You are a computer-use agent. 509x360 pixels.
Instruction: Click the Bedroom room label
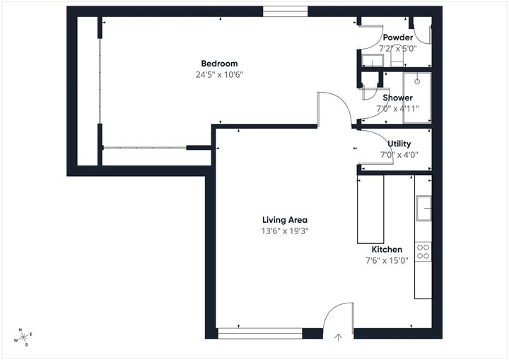pos(218,64)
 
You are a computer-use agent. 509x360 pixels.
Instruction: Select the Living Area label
pos(285,220)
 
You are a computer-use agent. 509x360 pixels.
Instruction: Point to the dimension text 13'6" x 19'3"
pos(285,231)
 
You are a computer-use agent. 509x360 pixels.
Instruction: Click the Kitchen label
pos(387,250)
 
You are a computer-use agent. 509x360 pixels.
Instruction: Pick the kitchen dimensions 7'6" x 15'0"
pos(387,260)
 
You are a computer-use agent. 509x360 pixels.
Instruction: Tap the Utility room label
pos(399,144)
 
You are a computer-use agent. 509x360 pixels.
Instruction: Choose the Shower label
pos(397,98)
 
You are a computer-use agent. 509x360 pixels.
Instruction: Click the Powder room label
pos(398,37)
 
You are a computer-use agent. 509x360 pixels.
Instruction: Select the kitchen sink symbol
pos(423,207)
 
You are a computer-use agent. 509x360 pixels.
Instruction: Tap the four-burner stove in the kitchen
pos(423,251)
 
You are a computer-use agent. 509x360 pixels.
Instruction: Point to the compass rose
pos(24,337)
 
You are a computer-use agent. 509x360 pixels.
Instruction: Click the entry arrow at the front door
pos(339,337)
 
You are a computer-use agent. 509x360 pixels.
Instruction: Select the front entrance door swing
pos(338,315)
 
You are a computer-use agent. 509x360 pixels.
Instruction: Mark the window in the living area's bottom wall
pos(259,332)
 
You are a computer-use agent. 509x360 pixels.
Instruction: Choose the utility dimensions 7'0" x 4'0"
pos(399,154)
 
